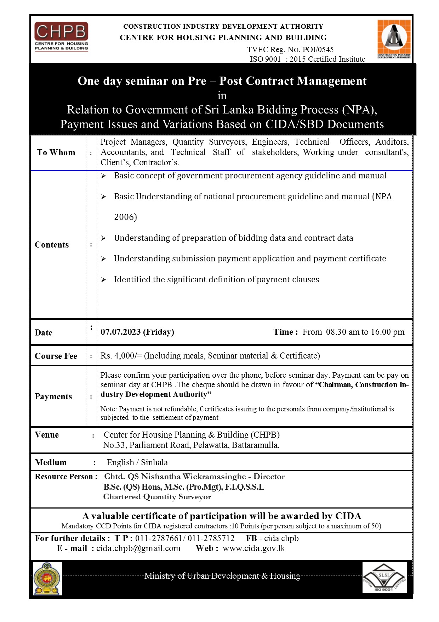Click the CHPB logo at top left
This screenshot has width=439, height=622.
pos(61,37)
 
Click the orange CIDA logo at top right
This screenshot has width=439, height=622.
pos(394,39)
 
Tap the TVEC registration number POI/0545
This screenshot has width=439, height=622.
pos(318,50)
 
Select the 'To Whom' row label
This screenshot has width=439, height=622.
pos(56,152)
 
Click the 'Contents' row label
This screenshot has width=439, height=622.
pos(52,245)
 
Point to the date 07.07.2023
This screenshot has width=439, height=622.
pos(121,332)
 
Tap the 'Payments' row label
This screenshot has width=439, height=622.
pos(53,396)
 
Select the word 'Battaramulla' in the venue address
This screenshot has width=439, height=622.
pos(255,445)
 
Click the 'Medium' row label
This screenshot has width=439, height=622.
pos(51,462)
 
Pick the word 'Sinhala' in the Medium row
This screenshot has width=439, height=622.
pos(154,462)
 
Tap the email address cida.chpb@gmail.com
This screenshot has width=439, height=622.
pos(138,548)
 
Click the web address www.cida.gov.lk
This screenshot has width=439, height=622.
pos(254,548)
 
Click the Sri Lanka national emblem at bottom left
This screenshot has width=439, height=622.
pos(47,578)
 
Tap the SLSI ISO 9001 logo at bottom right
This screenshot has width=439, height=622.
pos(384,577)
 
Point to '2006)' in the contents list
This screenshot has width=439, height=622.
pos(125,217)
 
